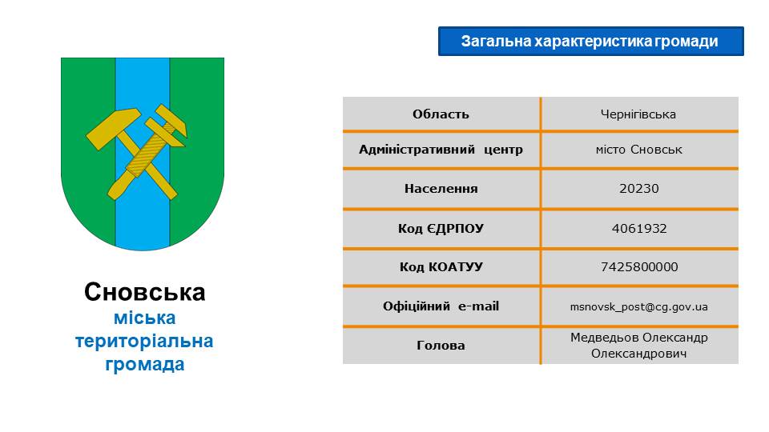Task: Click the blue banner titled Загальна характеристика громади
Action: point(590,41)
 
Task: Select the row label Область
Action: point(441,114)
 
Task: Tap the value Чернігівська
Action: point(638,114)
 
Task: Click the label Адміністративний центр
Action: point(441,150)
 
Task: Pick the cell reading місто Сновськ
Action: point(638,150)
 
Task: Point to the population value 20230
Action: point(638,189)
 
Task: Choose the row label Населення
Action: point(441,189)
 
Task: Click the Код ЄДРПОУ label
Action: point(441,228)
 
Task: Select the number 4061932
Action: point(639,228)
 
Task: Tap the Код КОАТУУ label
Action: point(441,266)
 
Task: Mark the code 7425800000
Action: point(639,266)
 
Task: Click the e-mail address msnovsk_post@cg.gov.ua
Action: point(638,307)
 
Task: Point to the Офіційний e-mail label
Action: point(441,306)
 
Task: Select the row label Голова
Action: point(441,346)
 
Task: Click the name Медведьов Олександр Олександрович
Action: point(638,346)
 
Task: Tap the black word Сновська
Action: point(145,292)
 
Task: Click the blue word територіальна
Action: point(144,341)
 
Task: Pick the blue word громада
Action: point(145,365)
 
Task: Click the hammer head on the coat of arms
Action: point(114,128)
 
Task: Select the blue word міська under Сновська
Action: point(145,318)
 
